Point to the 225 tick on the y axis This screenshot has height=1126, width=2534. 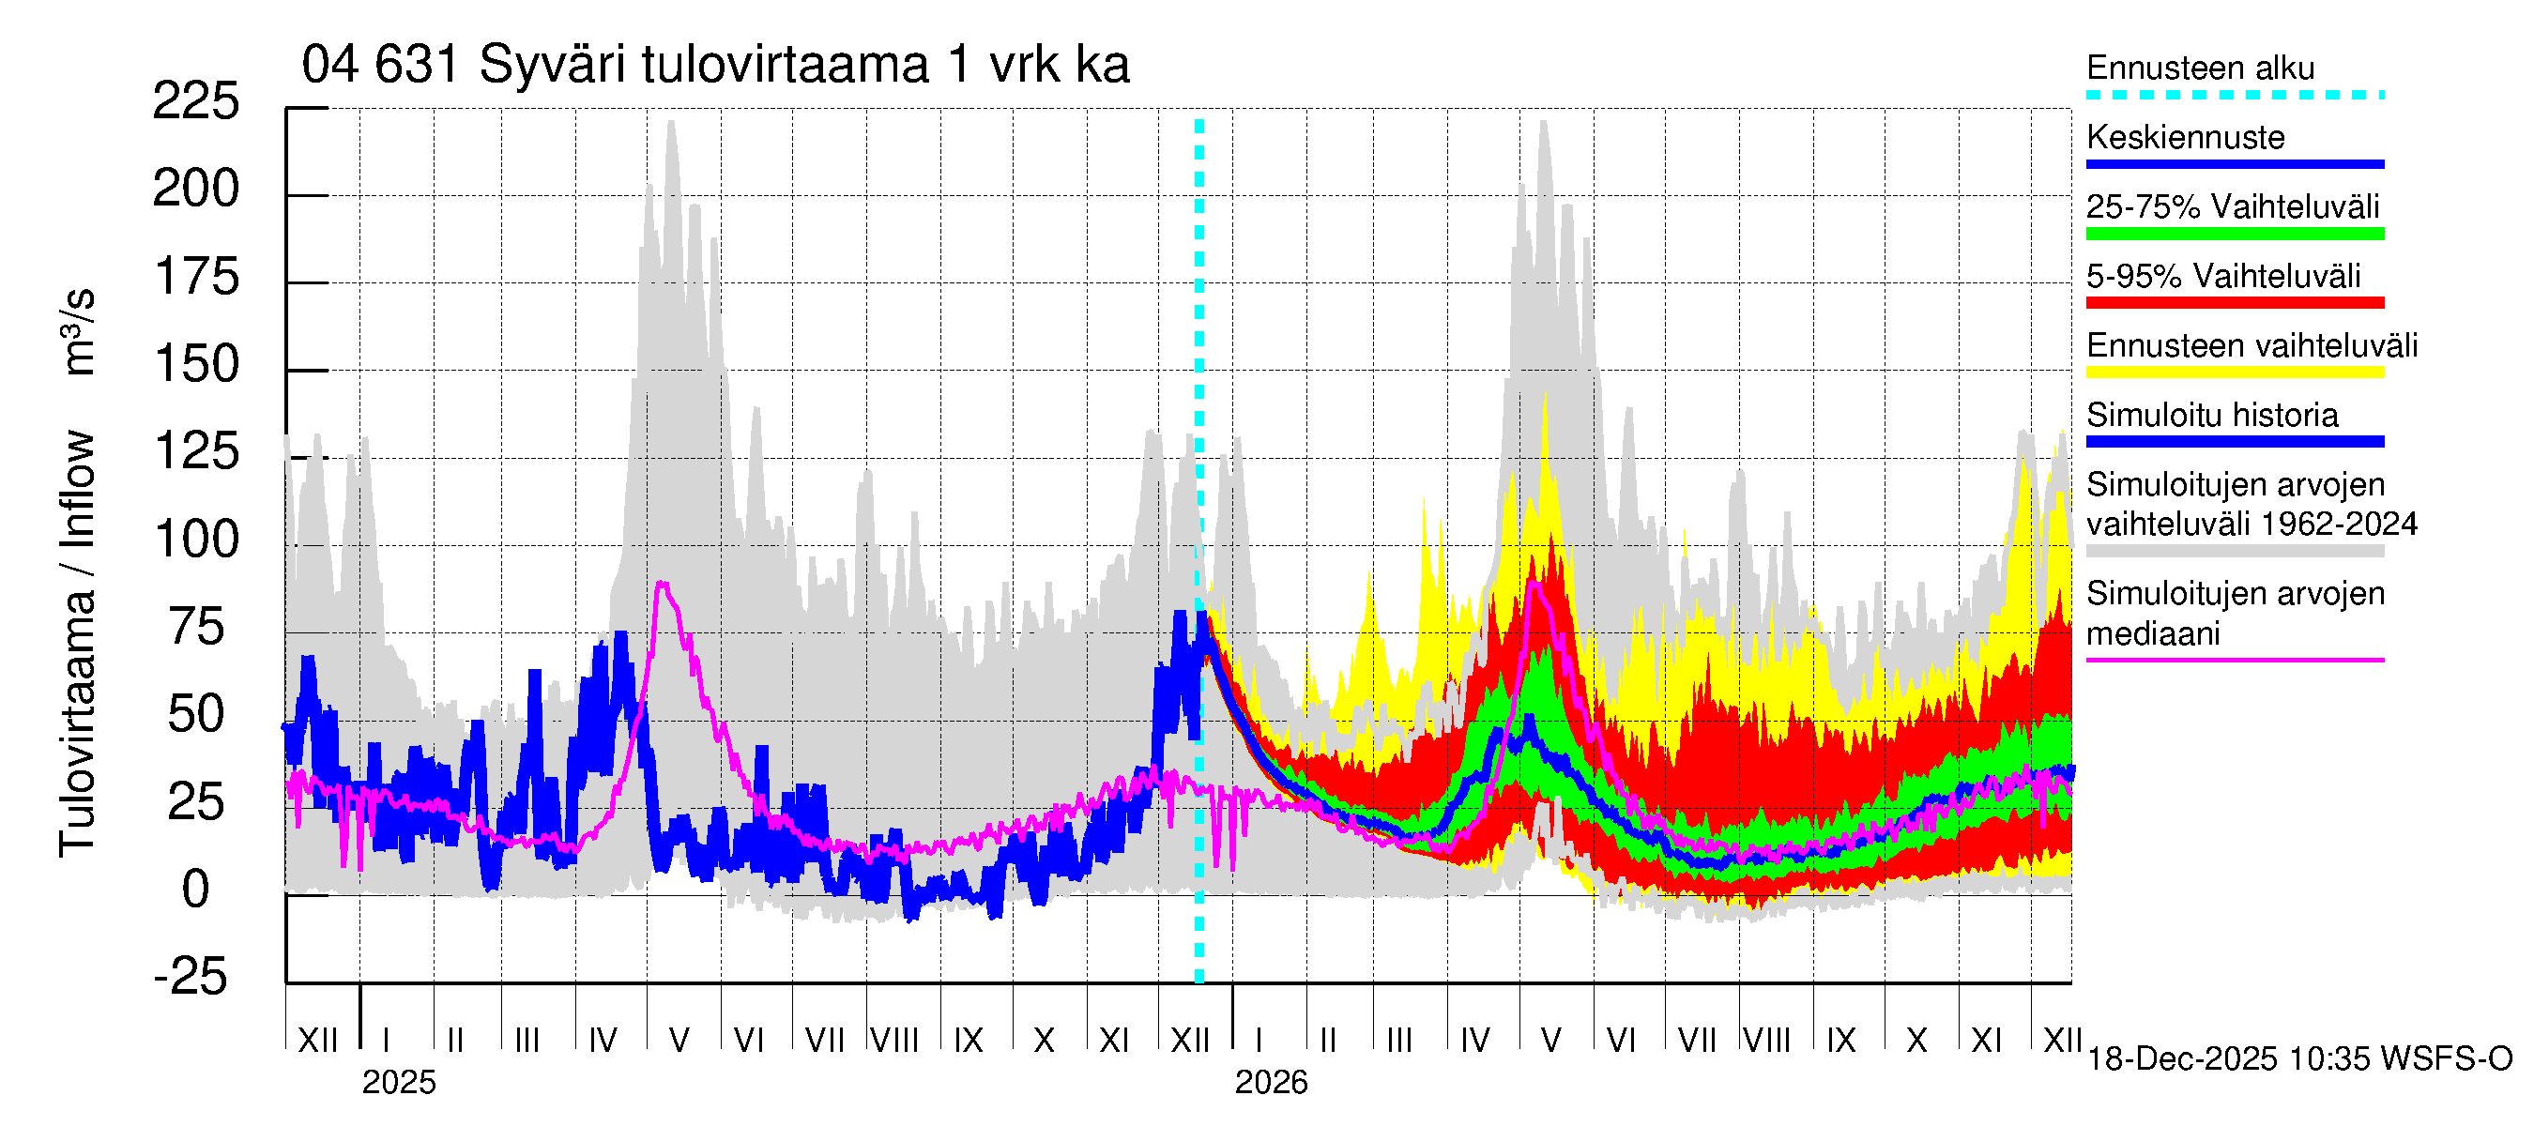196,101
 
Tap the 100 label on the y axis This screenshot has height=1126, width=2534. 197,539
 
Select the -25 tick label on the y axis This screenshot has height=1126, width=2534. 191,977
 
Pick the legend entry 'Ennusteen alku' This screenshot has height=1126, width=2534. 2200,68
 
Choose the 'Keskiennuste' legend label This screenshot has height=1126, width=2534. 2185,138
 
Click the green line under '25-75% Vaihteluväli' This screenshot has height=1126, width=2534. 2234,234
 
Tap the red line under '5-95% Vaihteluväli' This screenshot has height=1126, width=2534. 2234,303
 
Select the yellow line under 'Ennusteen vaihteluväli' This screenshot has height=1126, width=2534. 2234,373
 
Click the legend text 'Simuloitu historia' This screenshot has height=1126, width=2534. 2211,415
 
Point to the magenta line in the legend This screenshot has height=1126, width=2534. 2234,660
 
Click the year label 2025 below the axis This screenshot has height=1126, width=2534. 398,1083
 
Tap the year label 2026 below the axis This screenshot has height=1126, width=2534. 1271,1083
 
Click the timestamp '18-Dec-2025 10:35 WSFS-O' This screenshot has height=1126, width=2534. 2298,1059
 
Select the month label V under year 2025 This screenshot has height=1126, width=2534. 679,1040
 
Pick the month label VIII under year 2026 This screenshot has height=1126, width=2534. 1766,1040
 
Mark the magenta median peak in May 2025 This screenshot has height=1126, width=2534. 663,585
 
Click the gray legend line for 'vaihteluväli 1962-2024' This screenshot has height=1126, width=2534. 2234,552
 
